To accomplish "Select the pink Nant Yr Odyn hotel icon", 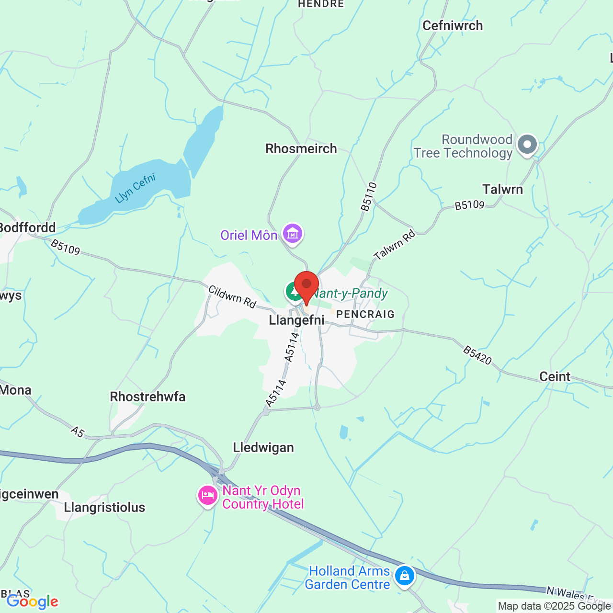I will pos(207,495).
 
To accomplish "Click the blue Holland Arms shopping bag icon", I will pos(405,576).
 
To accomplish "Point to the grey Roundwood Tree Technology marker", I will pos(527,144).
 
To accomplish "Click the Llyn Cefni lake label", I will pos(136,188).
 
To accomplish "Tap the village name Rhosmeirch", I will pos(301,148).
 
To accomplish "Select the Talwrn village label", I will pos(502,189).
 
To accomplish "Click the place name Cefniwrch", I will pos(453,25).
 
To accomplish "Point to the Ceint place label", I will pos(555,376).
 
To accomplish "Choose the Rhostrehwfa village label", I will pos(148,397).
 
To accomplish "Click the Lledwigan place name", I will pos(263,447).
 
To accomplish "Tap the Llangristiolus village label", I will pos(104,507).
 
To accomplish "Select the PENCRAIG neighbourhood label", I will pos(365,314).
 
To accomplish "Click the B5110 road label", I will pos(369,196).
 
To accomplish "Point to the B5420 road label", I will pos(477,355).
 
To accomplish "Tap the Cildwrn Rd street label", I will pos(233,297).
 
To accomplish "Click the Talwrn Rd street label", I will pos(395,245).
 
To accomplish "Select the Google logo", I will pos(32,602).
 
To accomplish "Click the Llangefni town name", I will pos(296,320).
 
